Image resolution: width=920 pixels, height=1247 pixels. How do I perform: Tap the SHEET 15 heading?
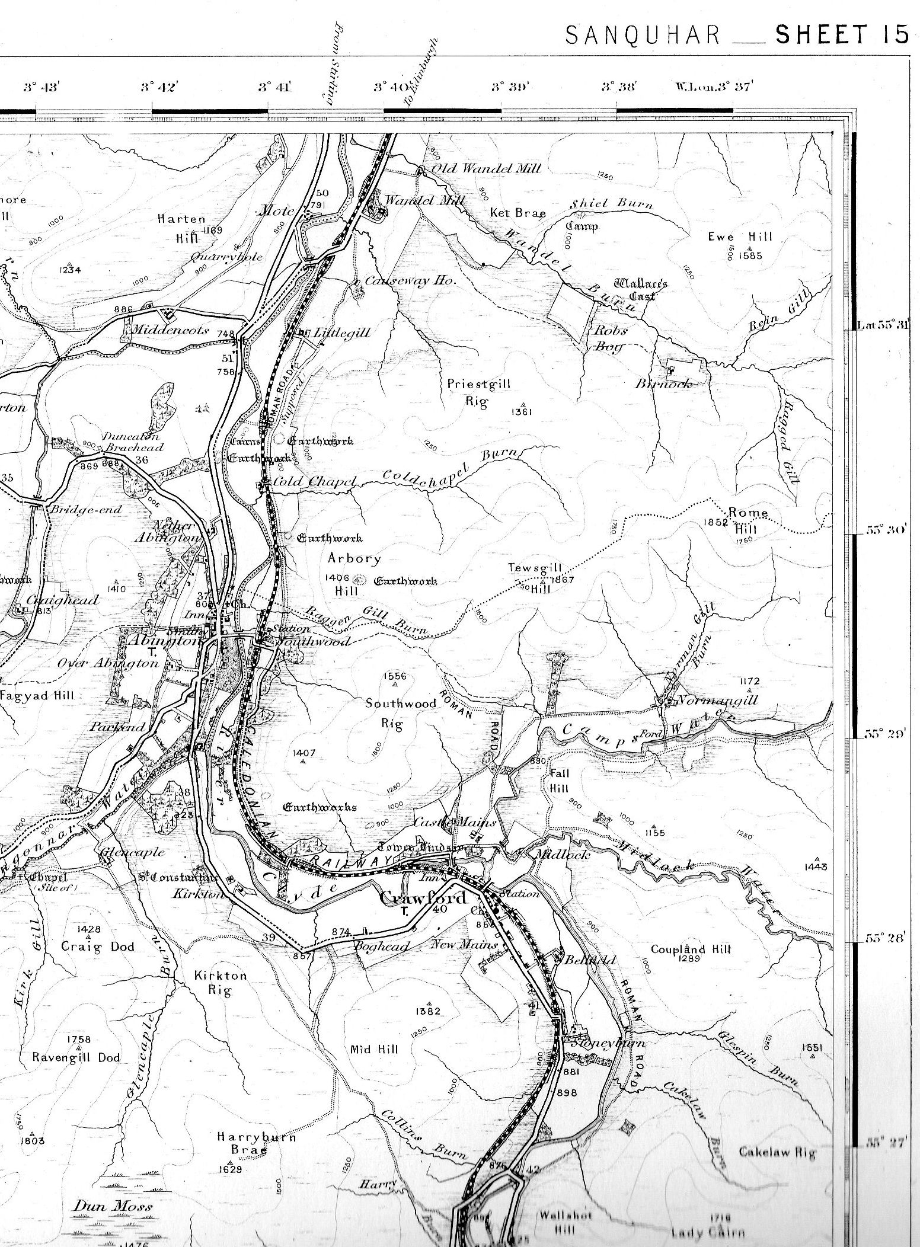[842, 36]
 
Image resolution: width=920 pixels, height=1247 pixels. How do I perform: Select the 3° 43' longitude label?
[41, 87]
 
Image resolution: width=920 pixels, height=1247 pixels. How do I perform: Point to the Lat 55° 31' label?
[883, 325]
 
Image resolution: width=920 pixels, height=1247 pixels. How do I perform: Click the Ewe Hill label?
[740, 237]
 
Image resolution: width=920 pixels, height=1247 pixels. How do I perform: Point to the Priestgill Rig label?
[478, 392]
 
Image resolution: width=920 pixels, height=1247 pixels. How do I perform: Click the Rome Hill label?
[748, 519]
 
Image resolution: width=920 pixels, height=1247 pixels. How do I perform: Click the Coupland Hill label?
[691, 948]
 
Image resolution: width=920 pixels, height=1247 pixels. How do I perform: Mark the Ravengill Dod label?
[76, 1057]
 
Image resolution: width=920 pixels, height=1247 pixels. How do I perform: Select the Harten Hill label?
[181, 228]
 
